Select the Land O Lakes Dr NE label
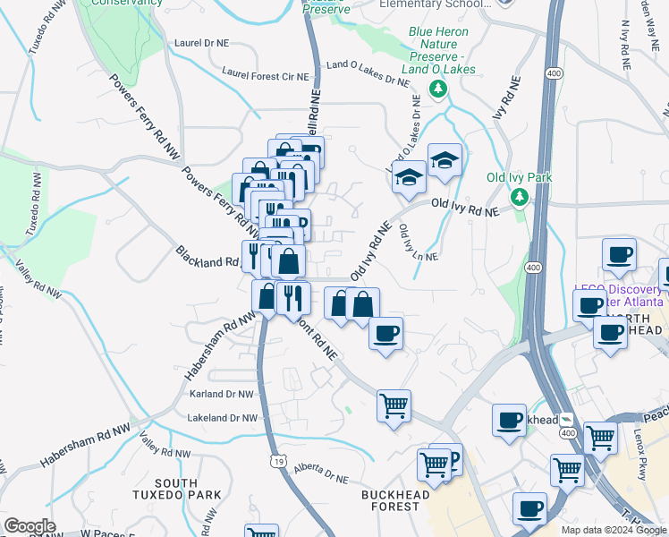point(368,72)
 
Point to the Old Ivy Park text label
point(519,177)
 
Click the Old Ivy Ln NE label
point(418,243)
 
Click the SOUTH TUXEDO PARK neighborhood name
point(187,490)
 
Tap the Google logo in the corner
point(30,526)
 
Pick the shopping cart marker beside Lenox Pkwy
point(600,438)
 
